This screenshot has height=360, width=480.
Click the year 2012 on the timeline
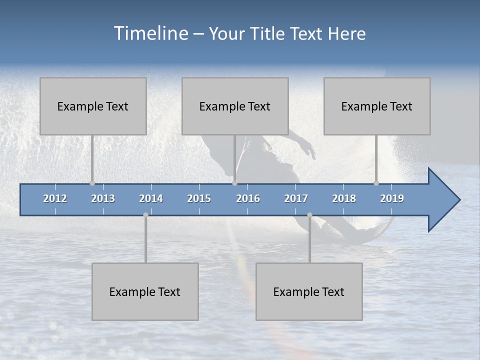click(55, 198)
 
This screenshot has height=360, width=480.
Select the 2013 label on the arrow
click(103, 198)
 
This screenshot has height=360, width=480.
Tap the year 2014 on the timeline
click(151, 198)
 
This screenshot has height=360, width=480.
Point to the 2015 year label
click(199, 198)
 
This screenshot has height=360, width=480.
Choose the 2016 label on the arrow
click(248, 198)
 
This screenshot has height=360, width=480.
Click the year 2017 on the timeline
click(296, 198)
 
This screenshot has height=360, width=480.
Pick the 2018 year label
click(344, 198)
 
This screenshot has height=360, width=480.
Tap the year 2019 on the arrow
click(392, 198)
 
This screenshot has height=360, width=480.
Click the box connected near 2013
click(93, 106)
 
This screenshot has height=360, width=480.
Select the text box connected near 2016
click(235, 106)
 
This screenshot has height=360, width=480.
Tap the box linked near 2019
click(377, 106)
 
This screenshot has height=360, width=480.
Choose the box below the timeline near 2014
click(145, 291)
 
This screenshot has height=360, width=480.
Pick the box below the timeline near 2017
click(309, 291)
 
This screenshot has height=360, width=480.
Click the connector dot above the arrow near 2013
click(92, 183)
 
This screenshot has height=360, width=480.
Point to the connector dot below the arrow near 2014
click(145, 215)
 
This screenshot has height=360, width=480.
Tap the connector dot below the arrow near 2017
click(309, 215)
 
